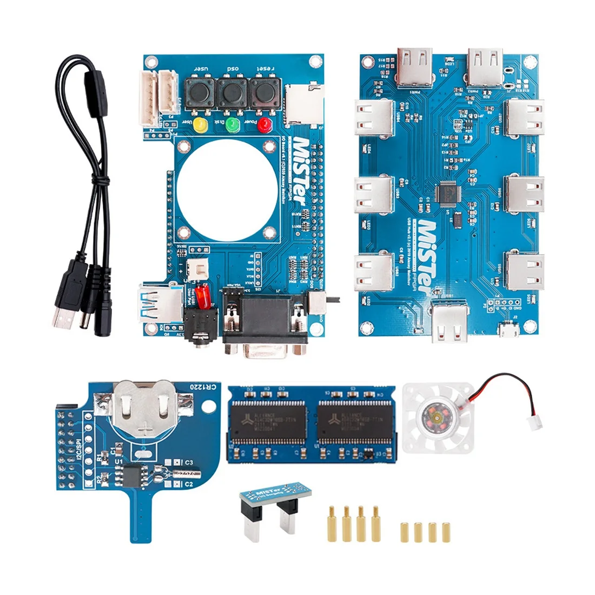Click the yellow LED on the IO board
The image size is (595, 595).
pyautogui.click(x=201, y=125)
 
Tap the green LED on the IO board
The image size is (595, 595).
pyautogui.click(x=233, y=125)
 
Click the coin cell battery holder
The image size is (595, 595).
pyautogui.click(x=146, y=407)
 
